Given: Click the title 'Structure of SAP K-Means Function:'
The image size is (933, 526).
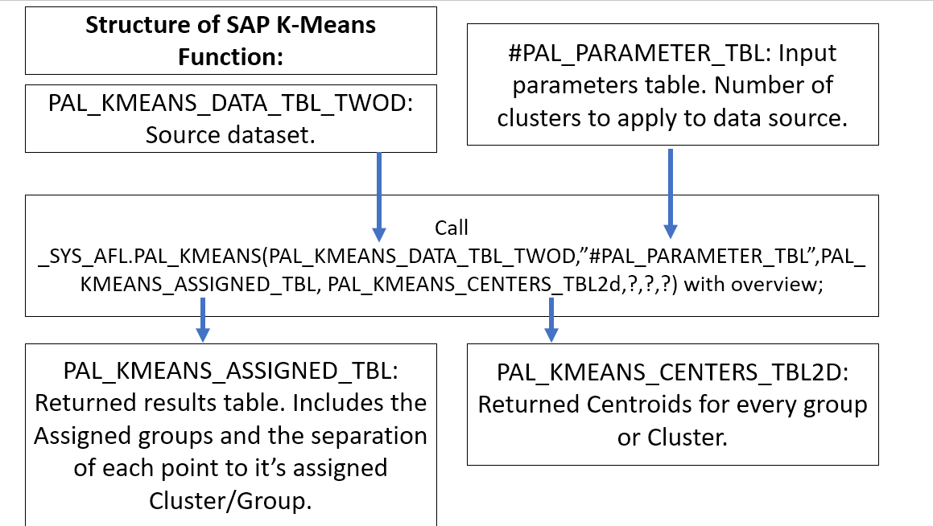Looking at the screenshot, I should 230,40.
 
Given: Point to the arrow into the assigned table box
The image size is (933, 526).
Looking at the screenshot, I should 203,318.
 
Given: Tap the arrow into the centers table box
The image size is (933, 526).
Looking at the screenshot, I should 551,318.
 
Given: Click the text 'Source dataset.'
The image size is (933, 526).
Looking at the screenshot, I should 230,134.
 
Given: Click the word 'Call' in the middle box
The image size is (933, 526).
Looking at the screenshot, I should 451,228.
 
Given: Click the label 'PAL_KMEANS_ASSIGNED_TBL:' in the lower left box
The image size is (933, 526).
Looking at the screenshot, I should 230,371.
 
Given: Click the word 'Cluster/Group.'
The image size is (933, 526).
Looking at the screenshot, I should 230,499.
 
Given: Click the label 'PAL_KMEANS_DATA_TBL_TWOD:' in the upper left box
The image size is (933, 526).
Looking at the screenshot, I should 230,104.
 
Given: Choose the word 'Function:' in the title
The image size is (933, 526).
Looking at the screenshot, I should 230,58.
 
